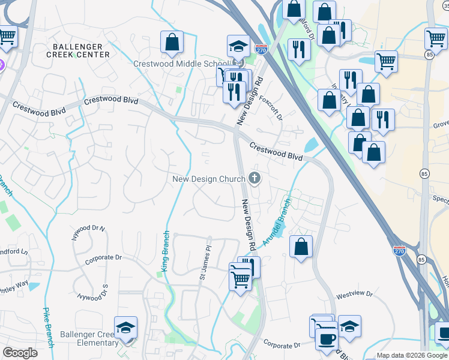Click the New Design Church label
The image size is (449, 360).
(x=208, y=178)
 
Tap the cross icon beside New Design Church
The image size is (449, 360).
(x=255, y=178)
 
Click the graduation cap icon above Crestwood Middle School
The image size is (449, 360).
(x=238, y=46)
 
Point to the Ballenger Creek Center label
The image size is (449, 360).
(x=81, y=50)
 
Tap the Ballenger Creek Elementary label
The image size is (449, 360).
(x=89, y=338)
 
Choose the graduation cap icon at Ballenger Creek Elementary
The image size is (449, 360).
(x=126, y=328)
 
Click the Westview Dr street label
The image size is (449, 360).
(x=354, y=295)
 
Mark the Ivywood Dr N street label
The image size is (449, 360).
(x=88, y=232)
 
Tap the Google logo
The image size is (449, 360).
(x=20, y=353)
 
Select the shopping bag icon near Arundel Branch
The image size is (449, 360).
(x=301, y=246)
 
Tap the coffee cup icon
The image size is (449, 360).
(x=327, y=338)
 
